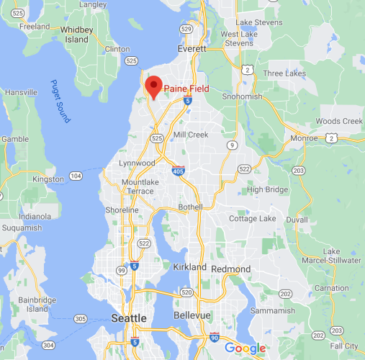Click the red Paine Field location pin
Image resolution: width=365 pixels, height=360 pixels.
coord(153,86)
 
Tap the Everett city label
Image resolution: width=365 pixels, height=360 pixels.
coord(191,49)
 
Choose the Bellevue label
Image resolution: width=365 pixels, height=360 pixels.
coord(192,315)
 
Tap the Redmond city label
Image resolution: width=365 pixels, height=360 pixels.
coord(231,269)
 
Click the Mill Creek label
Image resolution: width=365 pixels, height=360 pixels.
coord(191,135)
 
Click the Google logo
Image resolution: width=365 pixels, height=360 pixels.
coord(245,348)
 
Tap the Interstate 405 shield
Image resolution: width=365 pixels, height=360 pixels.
coord(178,171)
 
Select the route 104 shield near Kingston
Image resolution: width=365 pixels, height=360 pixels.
coord(77,176)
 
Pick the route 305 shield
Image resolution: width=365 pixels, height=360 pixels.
coord(80,318)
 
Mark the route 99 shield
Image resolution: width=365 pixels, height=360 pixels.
coord(120,269)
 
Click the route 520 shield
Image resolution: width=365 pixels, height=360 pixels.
coord(186,292)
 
